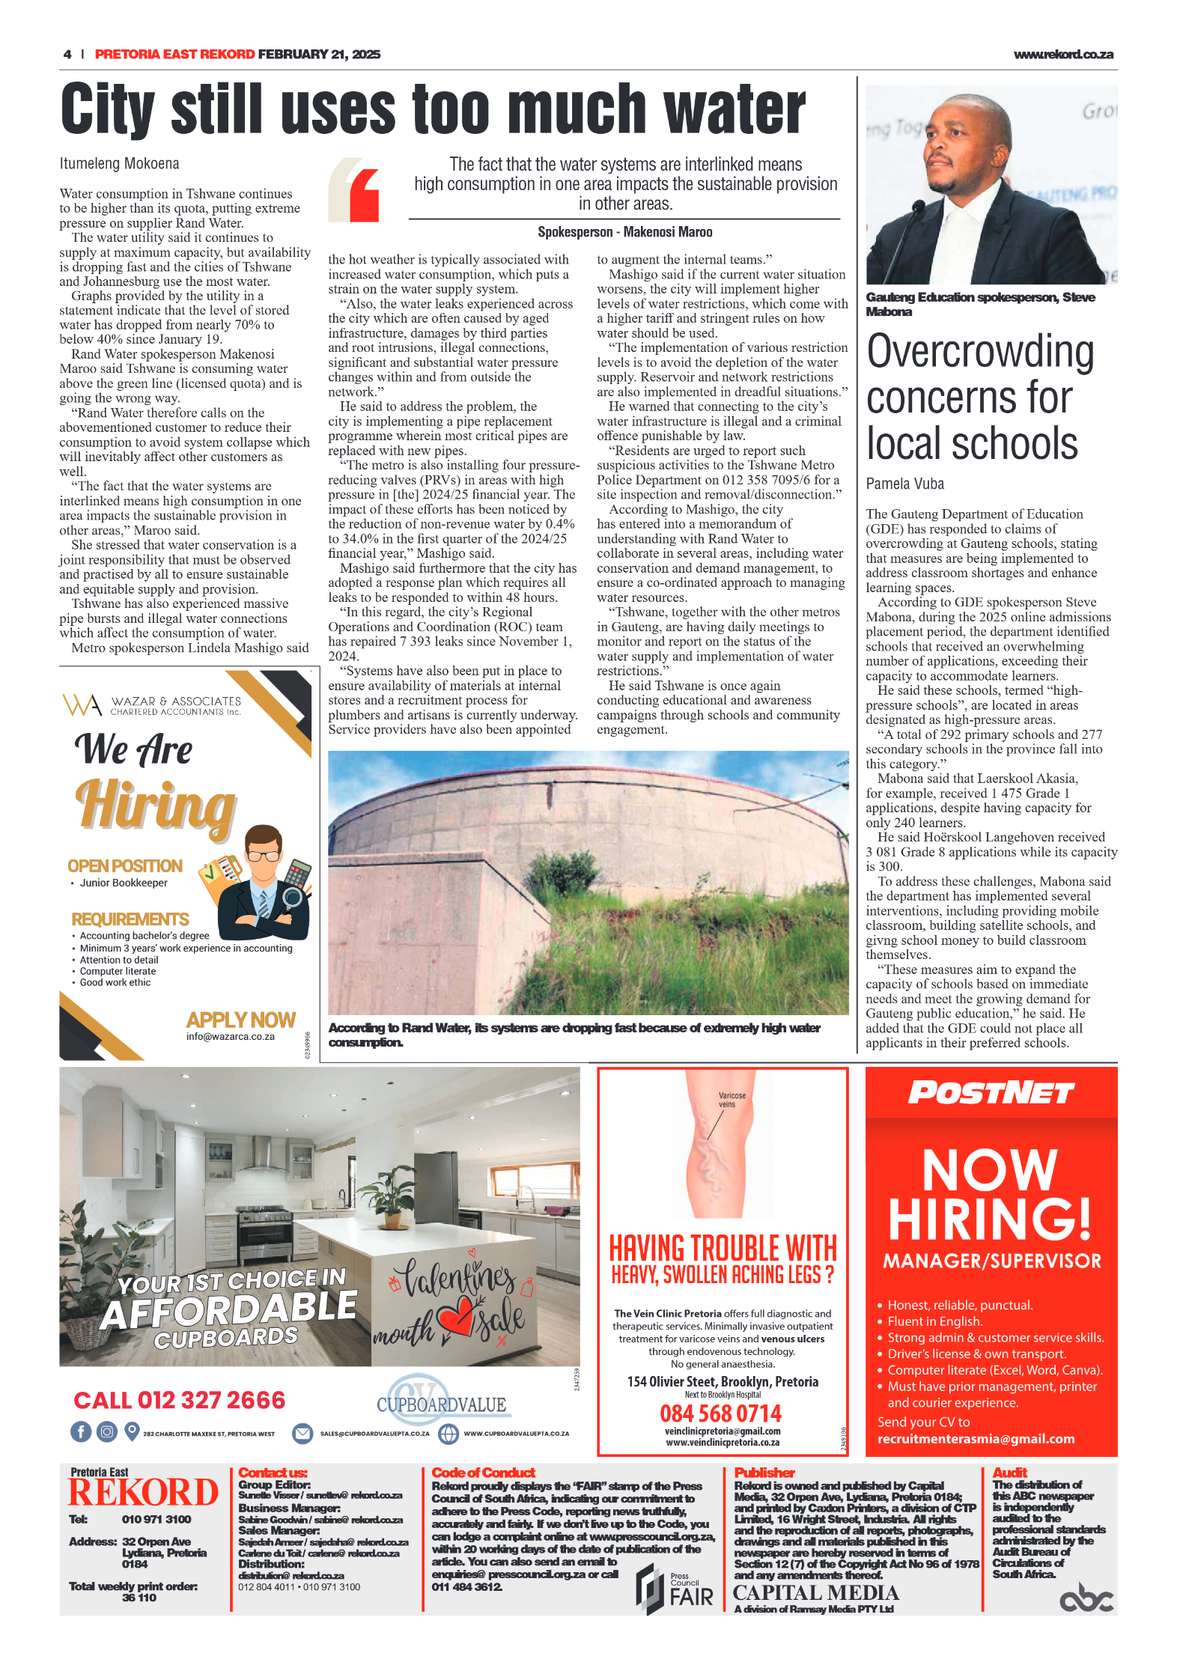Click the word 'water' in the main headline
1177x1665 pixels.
(735, 109)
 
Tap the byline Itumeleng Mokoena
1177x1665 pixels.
(119, 163)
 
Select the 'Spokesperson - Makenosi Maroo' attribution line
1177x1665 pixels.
(624, 232)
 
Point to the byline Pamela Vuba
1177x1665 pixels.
(904, 484)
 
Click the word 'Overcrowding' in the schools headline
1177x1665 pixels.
(979, 351)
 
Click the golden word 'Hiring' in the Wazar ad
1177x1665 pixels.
(156, 805)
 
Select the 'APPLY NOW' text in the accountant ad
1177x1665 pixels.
(240, 1020)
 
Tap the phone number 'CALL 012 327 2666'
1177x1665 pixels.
(180, 1400)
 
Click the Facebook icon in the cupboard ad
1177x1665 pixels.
(81, 1432)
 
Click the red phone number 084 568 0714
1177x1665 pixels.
(720, 1413)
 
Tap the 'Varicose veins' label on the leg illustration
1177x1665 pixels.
(731, 1100)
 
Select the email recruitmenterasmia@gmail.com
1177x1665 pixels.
(976, 1439)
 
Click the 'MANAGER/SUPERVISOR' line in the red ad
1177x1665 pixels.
(991, 1261)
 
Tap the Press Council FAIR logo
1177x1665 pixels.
(674, 1589)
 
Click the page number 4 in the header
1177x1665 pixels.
(67, 54)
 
